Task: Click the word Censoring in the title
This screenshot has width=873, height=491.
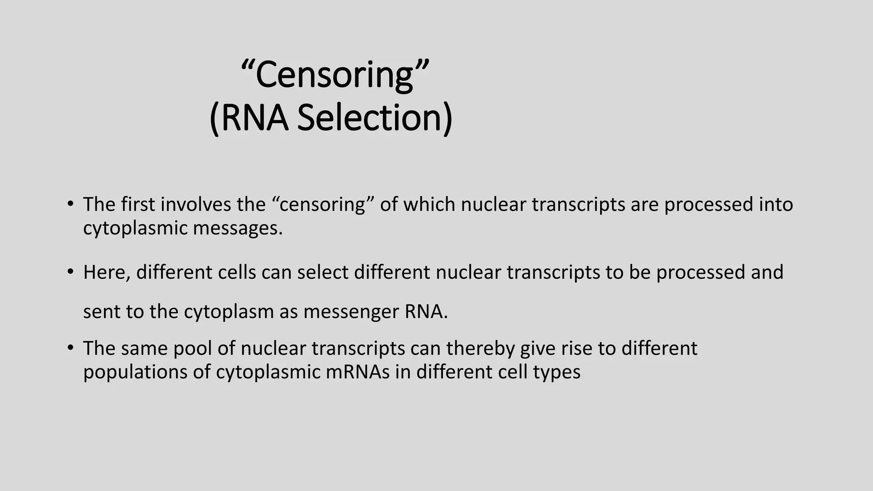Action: pyautogui.click(x=335, y=75)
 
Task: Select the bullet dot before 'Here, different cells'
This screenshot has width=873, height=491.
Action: pyautogui.click(x=70, y=271)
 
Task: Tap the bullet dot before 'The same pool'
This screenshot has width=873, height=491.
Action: pyautogui.click(x=70, y=347)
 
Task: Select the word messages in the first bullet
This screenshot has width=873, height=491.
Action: pyautogui.click(x=237, y=228)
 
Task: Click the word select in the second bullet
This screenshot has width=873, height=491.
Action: pyautogui.click(x=323, y=272)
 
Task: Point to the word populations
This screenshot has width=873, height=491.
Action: pyautogui.click(x=135, y=372)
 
